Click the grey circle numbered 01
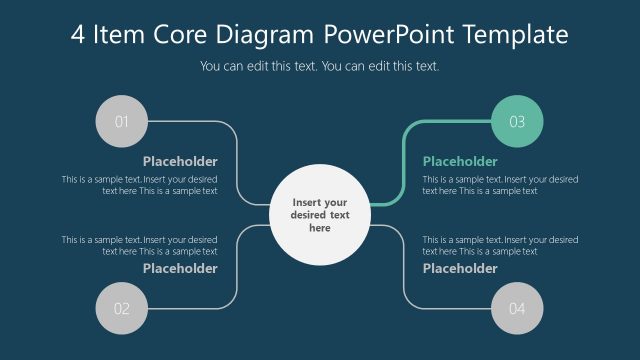tap(121, 122)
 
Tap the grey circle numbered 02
tap(121, 308)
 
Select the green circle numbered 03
tap(517, 122)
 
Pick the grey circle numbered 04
tap(517, 308)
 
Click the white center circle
tap(320, 214)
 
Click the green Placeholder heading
tap(460, 161)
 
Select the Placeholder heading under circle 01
tap(180, 161)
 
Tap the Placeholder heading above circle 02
tap(180, 268)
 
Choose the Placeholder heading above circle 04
tap(460, 268)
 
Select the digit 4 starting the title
tap(79, 36)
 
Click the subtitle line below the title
tap(320, 67)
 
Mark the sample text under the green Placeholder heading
tap(500, 185)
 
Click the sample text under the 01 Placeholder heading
tap(140, 185)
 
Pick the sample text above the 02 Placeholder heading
tap(140, 245)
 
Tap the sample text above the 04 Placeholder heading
tap(500, 245)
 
